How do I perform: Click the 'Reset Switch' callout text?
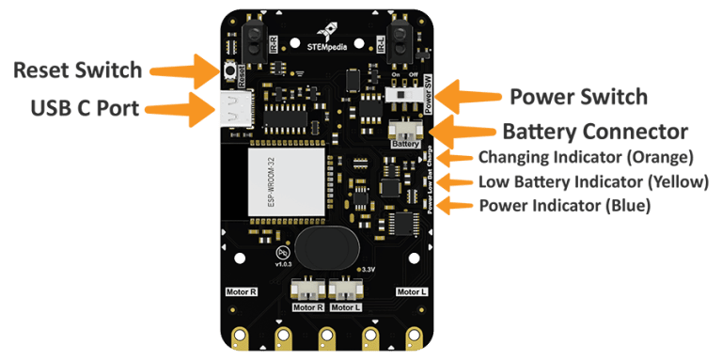78,70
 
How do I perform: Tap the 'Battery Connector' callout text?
594,131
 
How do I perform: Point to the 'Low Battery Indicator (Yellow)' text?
592,181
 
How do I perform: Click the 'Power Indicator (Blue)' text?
564,205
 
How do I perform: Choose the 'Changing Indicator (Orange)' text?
586,156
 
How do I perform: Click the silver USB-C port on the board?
230,110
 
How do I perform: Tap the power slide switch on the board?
404,95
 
